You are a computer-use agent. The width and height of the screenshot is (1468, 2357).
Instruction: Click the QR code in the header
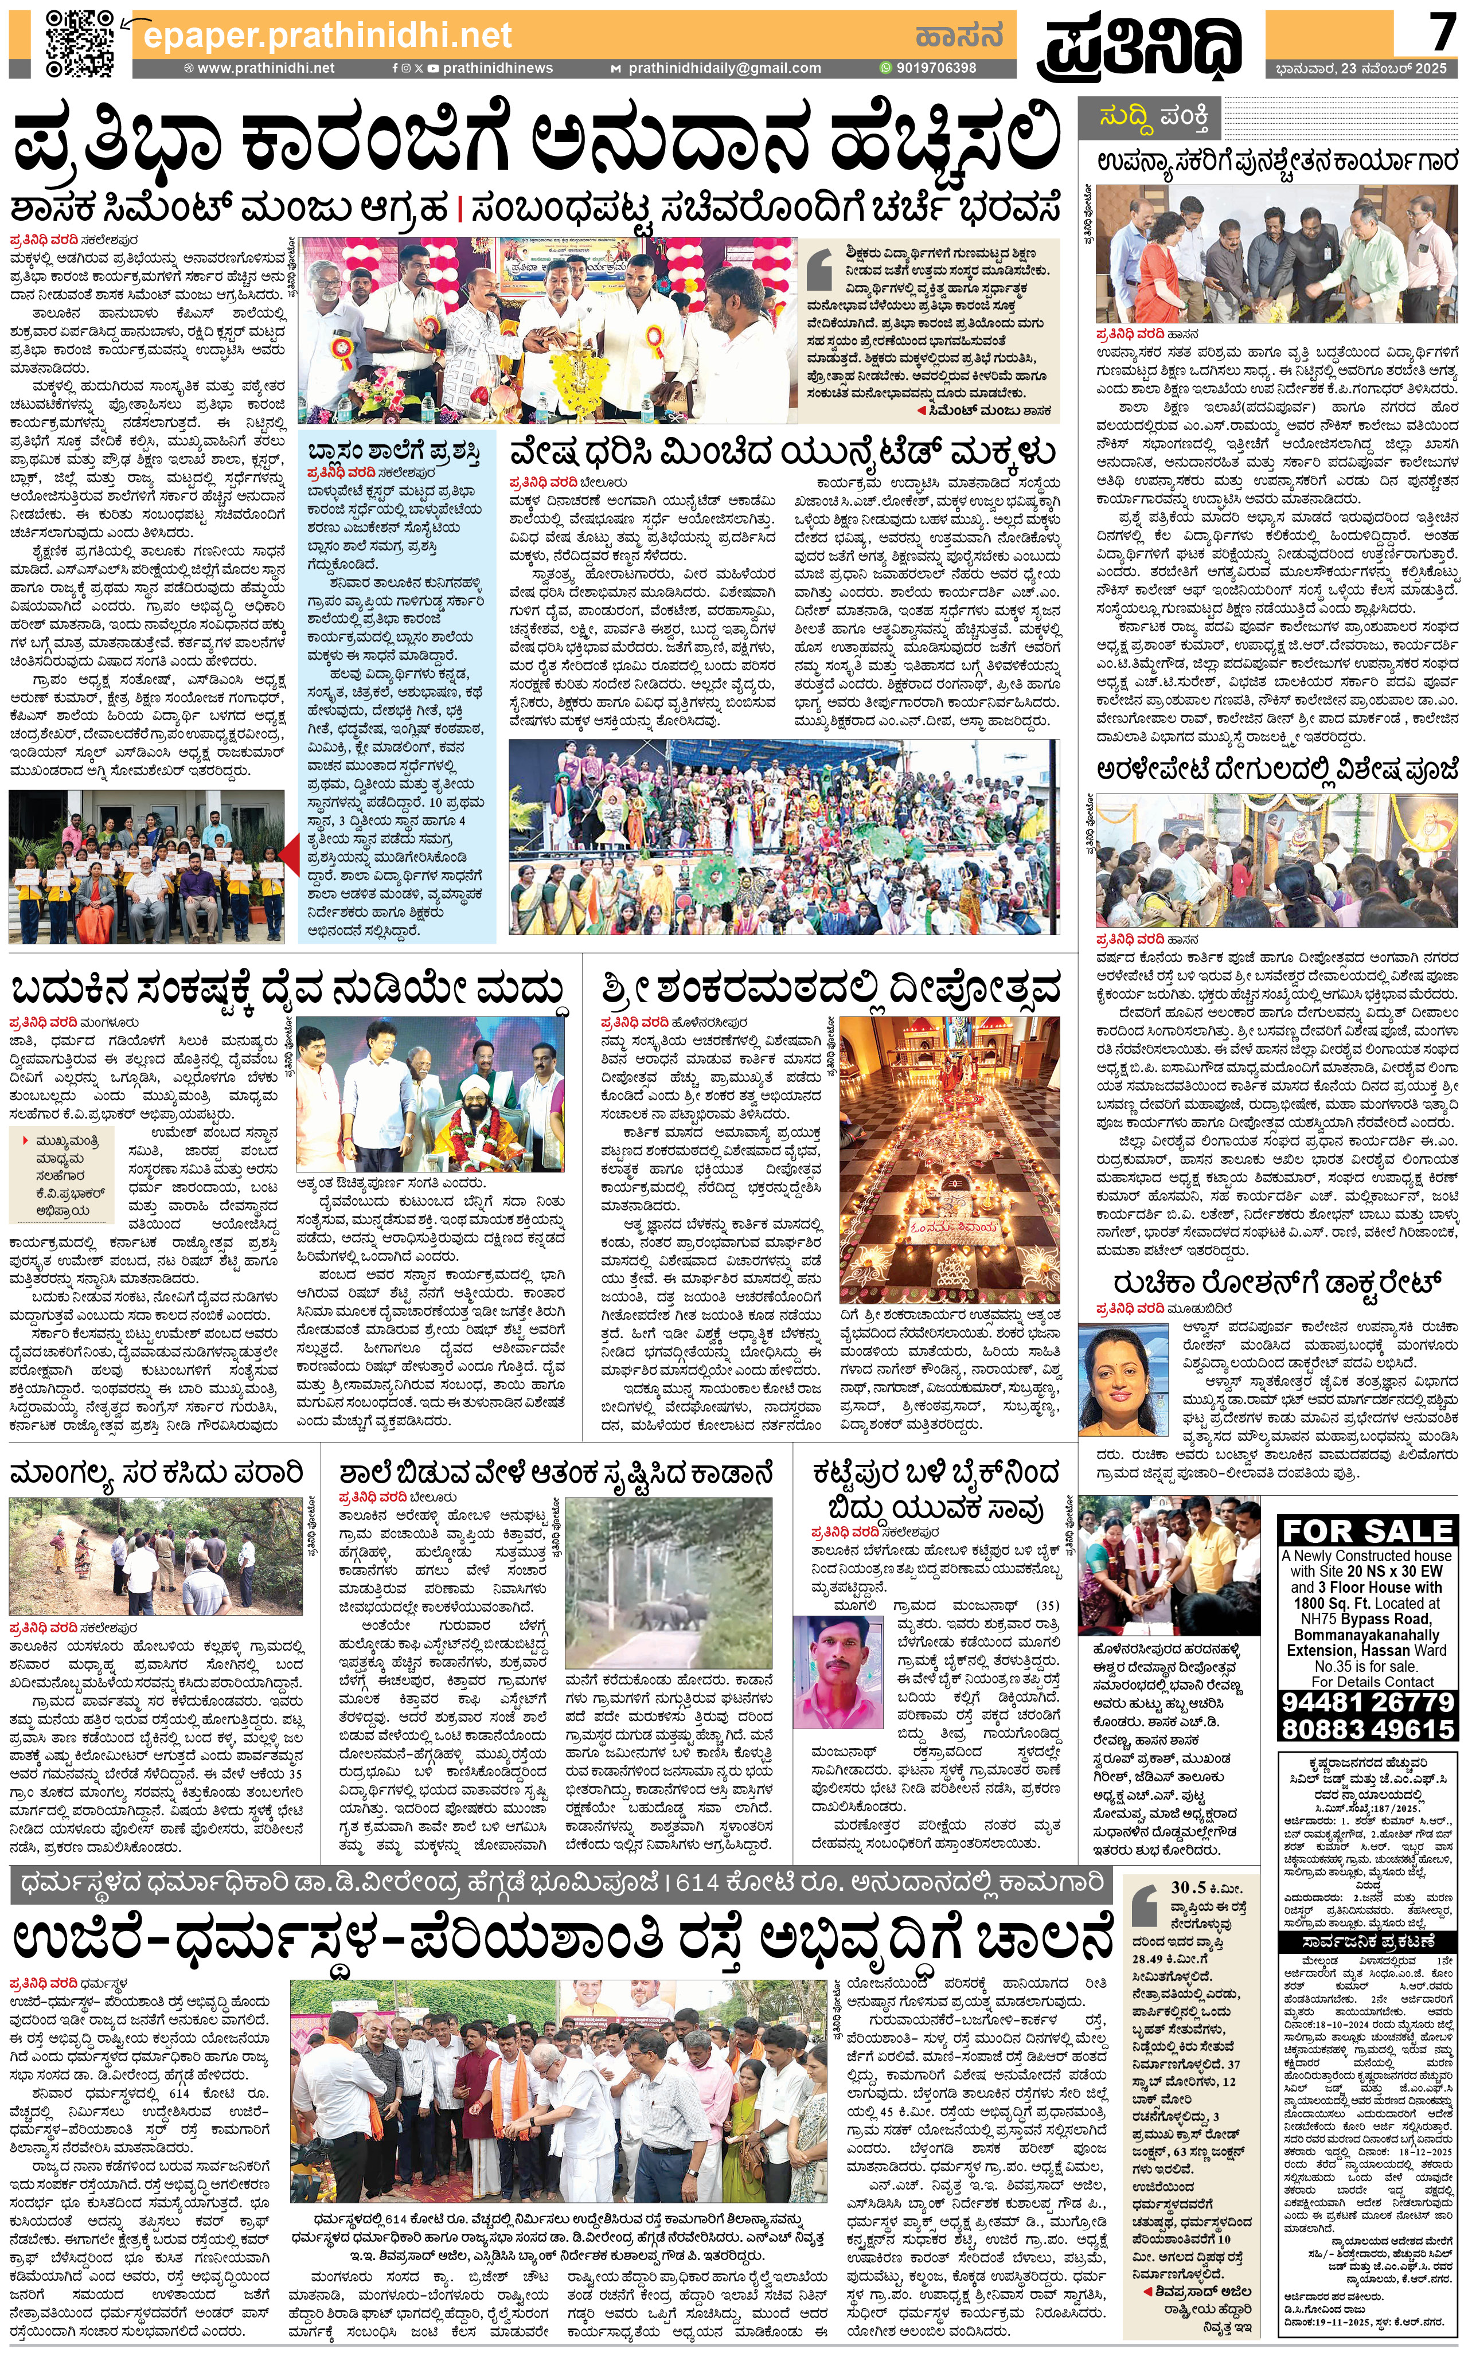(x=81, y=44)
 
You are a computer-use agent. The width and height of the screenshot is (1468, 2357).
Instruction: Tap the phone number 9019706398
(x=935, y=68)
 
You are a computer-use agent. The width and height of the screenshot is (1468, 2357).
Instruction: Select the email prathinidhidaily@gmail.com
(x=723, y=68)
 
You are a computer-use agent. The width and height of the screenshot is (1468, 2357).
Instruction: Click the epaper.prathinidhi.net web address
(x=327, y=36)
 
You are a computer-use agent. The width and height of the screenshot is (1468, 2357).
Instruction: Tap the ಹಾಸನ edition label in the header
(x=957, y=36)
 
